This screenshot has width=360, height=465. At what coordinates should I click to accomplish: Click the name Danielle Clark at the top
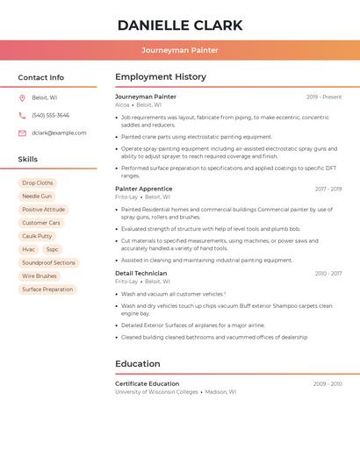(x=180, y=25)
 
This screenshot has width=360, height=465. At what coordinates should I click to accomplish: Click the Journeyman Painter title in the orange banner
(x=180, y=50)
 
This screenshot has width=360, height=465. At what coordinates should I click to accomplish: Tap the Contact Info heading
(x=40, y=77)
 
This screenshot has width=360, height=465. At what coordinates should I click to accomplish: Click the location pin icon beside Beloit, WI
(x=22, y=97)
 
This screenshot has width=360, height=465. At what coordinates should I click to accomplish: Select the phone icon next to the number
(x=22, y=115)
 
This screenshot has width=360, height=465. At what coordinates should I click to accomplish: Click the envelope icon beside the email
(x=22, y=132)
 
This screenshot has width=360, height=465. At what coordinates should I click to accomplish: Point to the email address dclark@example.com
(x=59, y=132)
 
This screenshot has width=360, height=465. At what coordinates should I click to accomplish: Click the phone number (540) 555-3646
(x=50, y=115)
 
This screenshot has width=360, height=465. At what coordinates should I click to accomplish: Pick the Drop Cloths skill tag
(x=38, y=183)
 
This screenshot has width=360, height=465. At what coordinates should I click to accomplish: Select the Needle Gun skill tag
(x=37, y=197)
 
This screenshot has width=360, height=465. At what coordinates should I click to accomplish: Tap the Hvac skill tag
(x=29, y=249)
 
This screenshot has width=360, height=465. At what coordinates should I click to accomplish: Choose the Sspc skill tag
(x=53, y=249)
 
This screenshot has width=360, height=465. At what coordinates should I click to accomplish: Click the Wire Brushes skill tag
(x=40, y=275)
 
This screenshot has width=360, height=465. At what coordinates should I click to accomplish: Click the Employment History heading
(x=161, y=77)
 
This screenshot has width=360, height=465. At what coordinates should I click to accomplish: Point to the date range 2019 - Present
(x=324, y=97)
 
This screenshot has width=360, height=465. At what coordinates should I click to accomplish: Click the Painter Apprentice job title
(x=143, y=189)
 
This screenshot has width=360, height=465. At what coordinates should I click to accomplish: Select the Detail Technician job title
(x=140, y=274)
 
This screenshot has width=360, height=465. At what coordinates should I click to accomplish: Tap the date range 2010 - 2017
(x=328, y=274)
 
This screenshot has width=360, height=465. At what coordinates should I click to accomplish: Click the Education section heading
(x=138, y=363)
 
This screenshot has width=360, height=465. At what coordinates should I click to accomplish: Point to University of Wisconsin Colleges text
(x=156, y=392)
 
